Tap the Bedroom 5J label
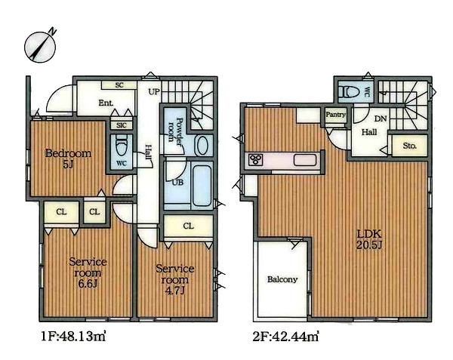pyautogui.click(x=68, y=158)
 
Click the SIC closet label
pyautogui.click(x=122, y=125)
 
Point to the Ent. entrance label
pyautogui.click(x=106, y=103)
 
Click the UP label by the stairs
pyautogui.click(x=154, y=92)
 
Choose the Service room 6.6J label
pyautogui.click(x=88, y=272)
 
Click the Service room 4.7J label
pyautogui.click(x=175, y=279)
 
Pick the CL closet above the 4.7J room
pyautogui.click(x=188, y=226)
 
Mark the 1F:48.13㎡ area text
pyautogui.click(x=73, y=337)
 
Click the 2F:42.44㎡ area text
pyautogui.click(x=286, y=337)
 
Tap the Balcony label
pyautogui.click(x=282, y=279)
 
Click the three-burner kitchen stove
pyautogui.click(x=256, y=160)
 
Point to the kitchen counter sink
pyautogui.click(x=305, y=160)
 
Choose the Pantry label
pyautogui.click(x=336, y=115)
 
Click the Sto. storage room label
pyautogui.click(x=410, y=146)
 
